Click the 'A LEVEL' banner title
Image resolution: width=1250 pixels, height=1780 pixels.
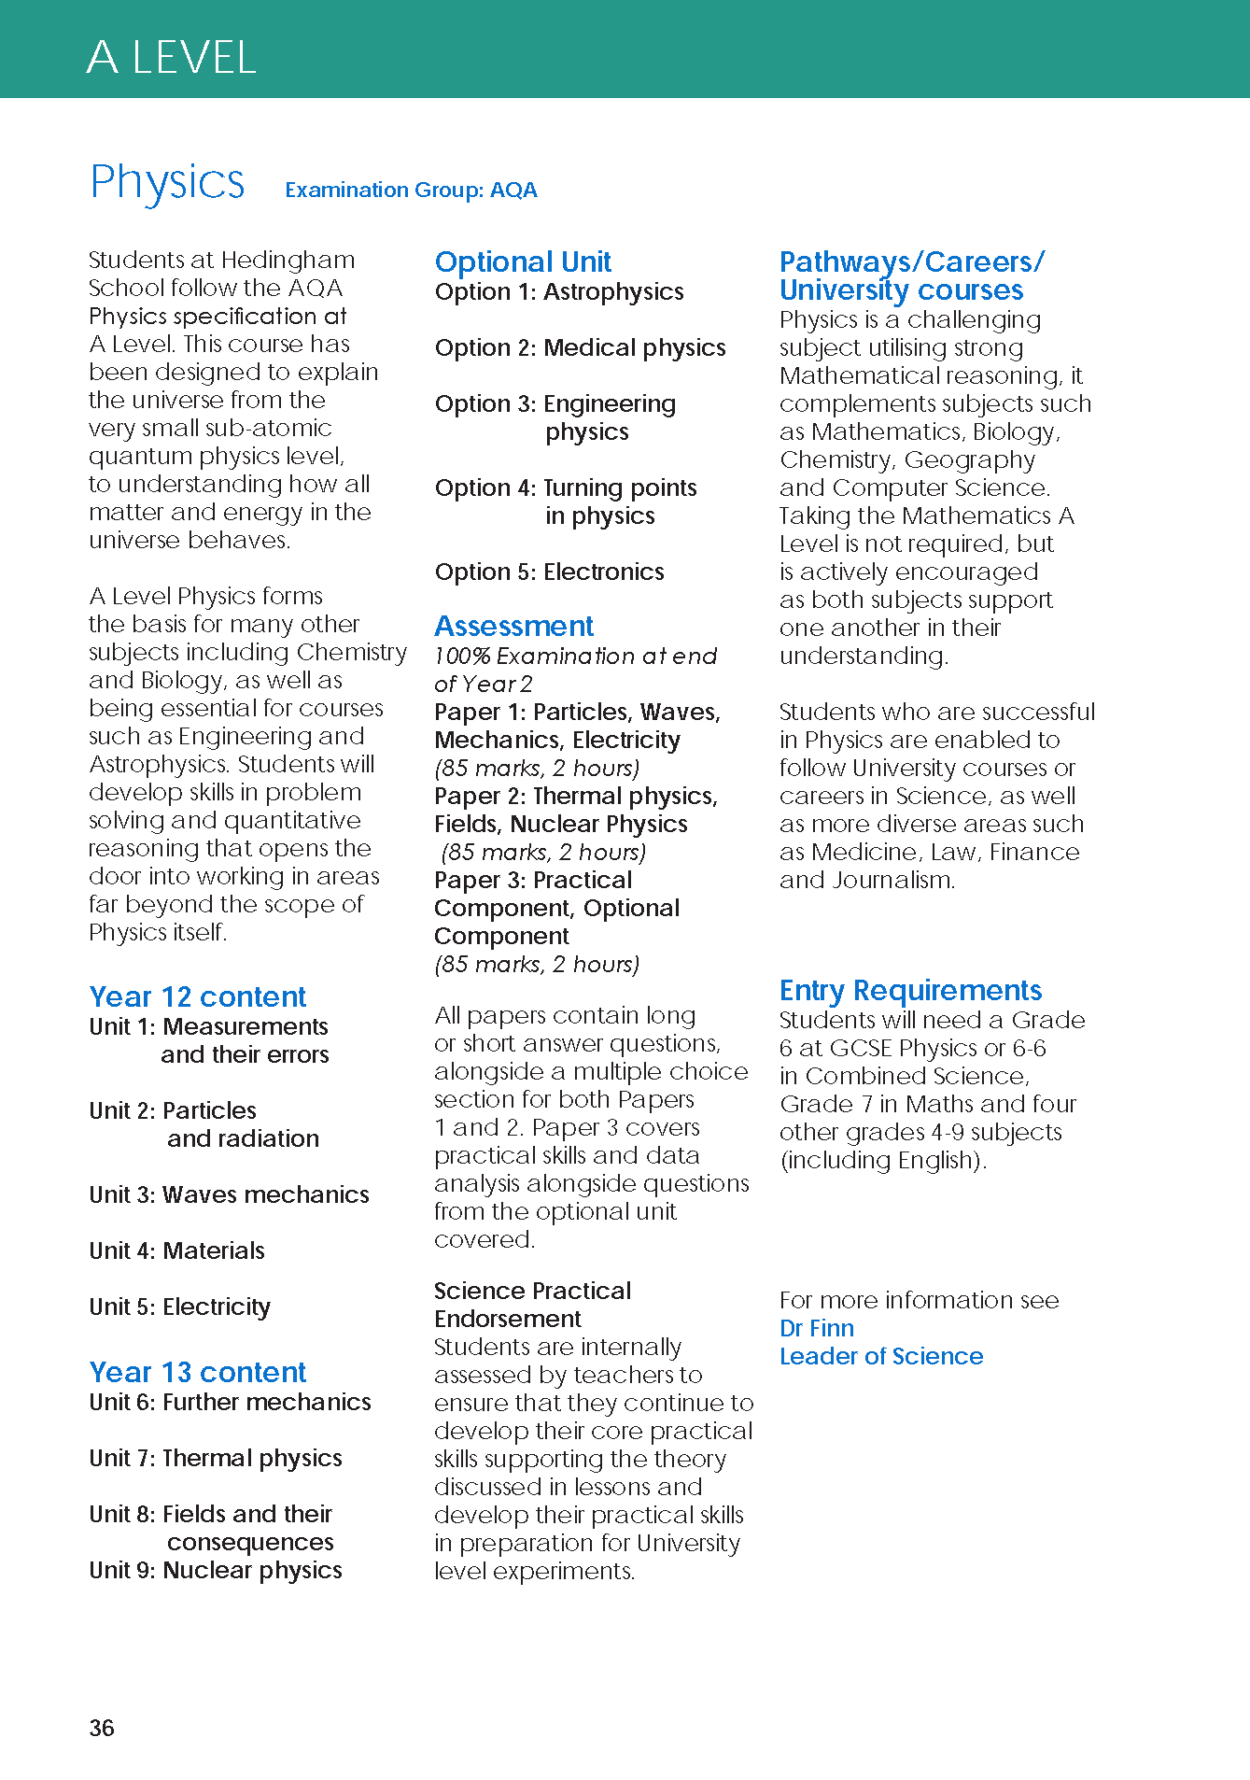point(171,58)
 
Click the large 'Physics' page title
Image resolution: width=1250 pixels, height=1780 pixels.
point(167,182)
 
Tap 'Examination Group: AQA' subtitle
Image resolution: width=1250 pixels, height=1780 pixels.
point(411,191)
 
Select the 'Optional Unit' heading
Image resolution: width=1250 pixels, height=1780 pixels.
point(523,261)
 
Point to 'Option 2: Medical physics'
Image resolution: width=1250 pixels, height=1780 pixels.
point(580,348)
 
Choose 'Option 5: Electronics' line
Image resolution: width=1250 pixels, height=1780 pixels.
point(549,572)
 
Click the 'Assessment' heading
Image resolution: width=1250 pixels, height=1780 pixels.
point(513,626)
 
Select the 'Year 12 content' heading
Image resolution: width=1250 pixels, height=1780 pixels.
point(197,996)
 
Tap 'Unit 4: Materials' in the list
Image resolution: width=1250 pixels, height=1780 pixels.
point(176,1250)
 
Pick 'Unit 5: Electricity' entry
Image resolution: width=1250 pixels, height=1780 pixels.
point(179,1307)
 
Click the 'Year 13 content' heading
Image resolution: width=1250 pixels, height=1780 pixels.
point(197,1372)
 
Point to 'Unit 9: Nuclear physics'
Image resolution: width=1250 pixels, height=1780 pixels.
point(215,1570)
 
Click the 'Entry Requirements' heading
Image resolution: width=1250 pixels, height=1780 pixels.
point(910,990)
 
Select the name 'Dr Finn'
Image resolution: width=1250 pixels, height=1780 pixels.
point(817,1328)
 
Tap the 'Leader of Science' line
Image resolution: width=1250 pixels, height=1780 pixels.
point(881,1356)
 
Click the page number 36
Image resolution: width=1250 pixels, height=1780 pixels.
point(102,1728)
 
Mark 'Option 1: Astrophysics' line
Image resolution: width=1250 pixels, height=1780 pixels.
point(559,292)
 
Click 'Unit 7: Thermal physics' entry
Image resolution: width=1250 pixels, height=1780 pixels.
point(215,1458)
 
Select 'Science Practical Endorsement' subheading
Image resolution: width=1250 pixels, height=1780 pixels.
point(532,1305)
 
